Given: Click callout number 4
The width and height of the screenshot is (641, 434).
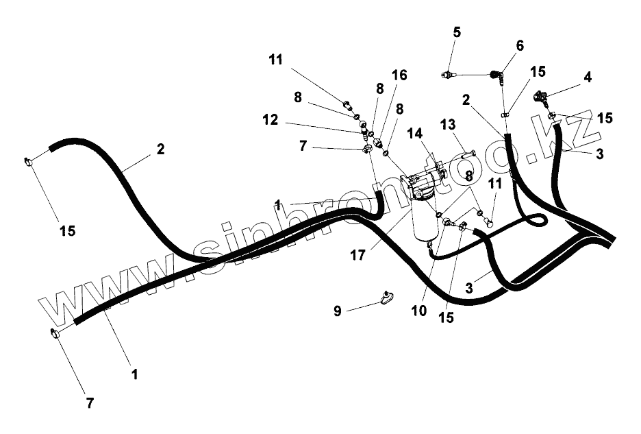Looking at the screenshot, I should [587, 77].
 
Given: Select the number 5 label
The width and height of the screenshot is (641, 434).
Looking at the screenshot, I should [457, 32].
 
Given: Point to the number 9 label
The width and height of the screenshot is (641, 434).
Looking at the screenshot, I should [337, 311].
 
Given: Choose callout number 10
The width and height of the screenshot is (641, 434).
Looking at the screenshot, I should [420, 311].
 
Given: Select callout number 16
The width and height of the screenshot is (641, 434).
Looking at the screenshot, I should [399, 75].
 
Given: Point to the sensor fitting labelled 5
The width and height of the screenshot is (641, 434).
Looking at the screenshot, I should [449, 73].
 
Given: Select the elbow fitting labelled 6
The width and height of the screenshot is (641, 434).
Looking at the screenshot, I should [497, 72].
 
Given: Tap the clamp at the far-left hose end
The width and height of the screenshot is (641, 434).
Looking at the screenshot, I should [29, 162].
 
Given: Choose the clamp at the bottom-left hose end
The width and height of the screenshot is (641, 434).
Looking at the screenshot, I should [55, 334].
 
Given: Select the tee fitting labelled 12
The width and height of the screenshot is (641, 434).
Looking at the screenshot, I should [365, 130].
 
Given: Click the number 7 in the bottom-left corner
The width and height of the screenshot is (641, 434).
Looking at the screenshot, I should [89, 403].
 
